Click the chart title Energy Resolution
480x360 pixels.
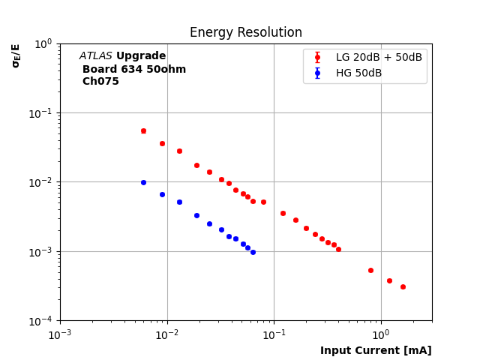click(x=245, y=33)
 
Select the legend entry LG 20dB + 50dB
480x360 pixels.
click(x=379, y=58)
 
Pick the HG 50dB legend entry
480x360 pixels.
click(x=358, y=73)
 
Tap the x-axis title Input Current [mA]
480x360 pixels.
click(x=376, y=351)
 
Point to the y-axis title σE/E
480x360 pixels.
click(x=16, y=55)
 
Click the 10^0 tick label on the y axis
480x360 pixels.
click(x=43, y=43)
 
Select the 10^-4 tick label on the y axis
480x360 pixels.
click(x=42, y=321)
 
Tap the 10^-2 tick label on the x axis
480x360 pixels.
click(x=166, y=334)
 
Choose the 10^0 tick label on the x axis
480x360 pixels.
click(x=381, y=334)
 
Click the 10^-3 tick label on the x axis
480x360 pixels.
click(x=60, y=334)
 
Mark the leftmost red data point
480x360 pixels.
click(x=143, y=130)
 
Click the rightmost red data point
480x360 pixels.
click(x=403, y=286)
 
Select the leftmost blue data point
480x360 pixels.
click(x=143, y=182)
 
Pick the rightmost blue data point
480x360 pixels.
click(x=253, y=252)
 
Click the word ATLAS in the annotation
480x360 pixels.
click(x=95, y=56)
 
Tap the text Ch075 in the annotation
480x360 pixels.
click(x=100, y=82)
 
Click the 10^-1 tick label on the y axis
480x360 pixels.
click(x=42, y=113)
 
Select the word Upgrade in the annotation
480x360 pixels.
click(x=141, y=56)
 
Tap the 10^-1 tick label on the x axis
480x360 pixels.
click(x=274, y=334)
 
